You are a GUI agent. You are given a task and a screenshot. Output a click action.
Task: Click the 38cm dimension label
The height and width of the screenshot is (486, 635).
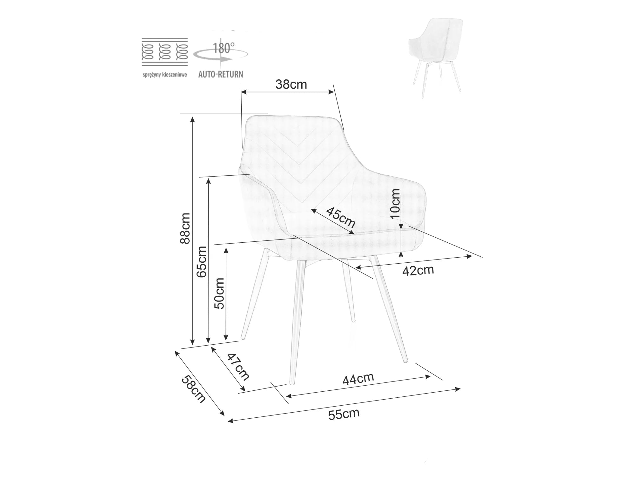[291, 84]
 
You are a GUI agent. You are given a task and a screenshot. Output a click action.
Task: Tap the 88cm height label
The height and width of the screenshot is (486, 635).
[185, 228]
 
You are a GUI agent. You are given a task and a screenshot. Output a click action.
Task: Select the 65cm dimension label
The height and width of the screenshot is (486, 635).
[201, 262]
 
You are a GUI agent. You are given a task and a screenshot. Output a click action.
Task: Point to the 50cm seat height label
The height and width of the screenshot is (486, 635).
[219, 294]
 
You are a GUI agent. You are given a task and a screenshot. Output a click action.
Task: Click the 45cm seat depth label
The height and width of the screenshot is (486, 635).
[341, 217]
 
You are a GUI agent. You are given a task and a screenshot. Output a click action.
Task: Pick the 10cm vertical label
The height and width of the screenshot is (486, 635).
[396, 204]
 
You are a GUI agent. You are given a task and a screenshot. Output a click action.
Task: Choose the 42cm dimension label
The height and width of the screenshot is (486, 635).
[418, 270]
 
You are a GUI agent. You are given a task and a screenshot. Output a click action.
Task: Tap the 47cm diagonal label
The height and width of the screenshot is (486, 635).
[238, 367]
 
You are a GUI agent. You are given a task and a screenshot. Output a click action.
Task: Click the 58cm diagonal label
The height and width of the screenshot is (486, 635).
[193, 389]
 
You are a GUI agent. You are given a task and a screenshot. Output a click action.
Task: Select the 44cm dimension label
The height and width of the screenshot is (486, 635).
[358, 379]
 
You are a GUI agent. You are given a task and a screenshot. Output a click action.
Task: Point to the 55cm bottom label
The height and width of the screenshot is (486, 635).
[344, 414]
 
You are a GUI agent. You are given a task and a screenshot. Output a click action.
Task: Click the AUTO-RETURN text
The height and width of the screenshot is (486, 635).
[221, 74]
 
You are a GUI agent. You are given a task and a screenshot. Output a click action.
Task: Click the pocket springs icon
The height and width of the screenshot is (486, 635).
[165, 52]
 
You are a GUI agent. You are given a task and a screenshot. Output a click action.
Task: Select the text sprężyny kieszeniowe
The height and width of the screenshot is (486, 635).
[165, 75]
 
